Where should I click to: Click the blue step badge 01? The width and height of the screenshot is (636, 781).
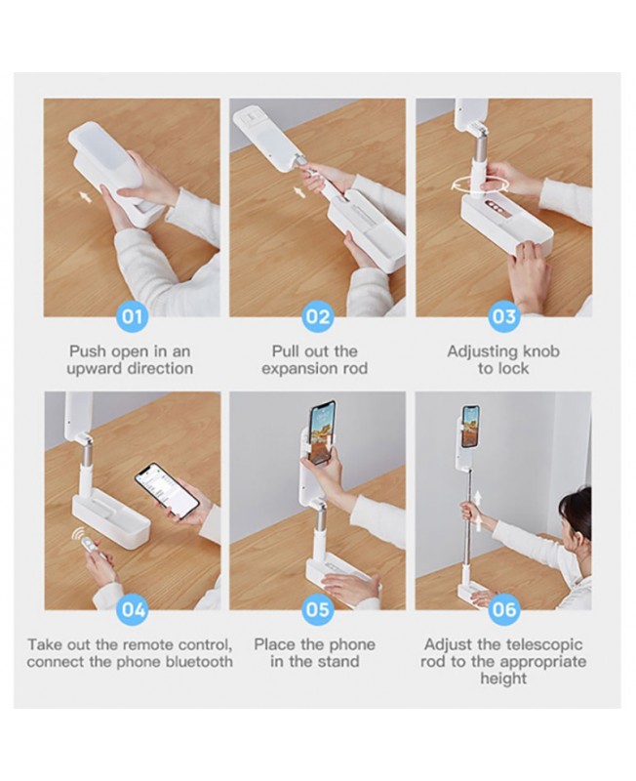tap(132, 317)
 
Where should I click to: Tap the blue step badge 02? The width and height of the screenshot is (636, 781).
tap(317, 317)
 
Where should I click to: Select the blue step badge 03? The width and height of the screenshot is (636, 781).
tap(503, 317)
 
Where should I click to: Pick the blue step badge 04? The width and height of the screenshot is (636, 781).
tap(132, 609)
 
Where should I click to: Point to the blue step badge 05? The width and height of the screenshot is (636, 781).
tap(317, 609)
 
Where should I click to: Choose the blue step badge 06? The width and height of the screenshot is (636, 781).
tap(503, 609)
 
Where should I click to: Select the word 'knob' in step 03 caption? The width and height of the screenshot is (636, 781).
tap(540, 351)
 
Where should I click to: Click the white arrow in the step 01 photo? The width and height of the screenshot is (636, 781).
tap(86, 197)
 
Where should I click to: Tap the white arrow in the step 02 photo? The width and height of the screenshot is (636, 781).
tap(299, 191)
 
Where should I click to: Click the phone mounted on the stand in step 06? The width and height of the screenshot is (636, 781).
tap(471, 427)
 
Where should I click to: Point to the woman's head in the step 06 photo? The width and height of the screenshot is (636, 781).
tap(576, 514)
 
